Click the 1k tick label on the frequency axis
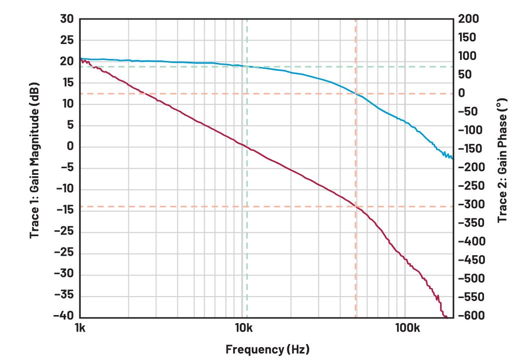click(80, 328)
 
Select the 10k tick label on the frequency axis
click(242, 328)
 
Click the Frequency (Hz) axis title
click(267, 349)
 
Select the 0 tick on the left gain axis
click(70, 147)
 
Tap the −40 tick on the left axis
click(64, 316)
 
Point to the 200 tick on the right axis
click(469, 19)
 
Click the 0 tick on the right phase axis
click(462, 93)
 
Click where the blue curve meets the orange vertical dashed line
click(356, 93)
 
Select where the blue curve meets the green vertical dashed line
click(247, 66)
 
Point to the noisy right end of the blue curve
click(447, 155)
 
